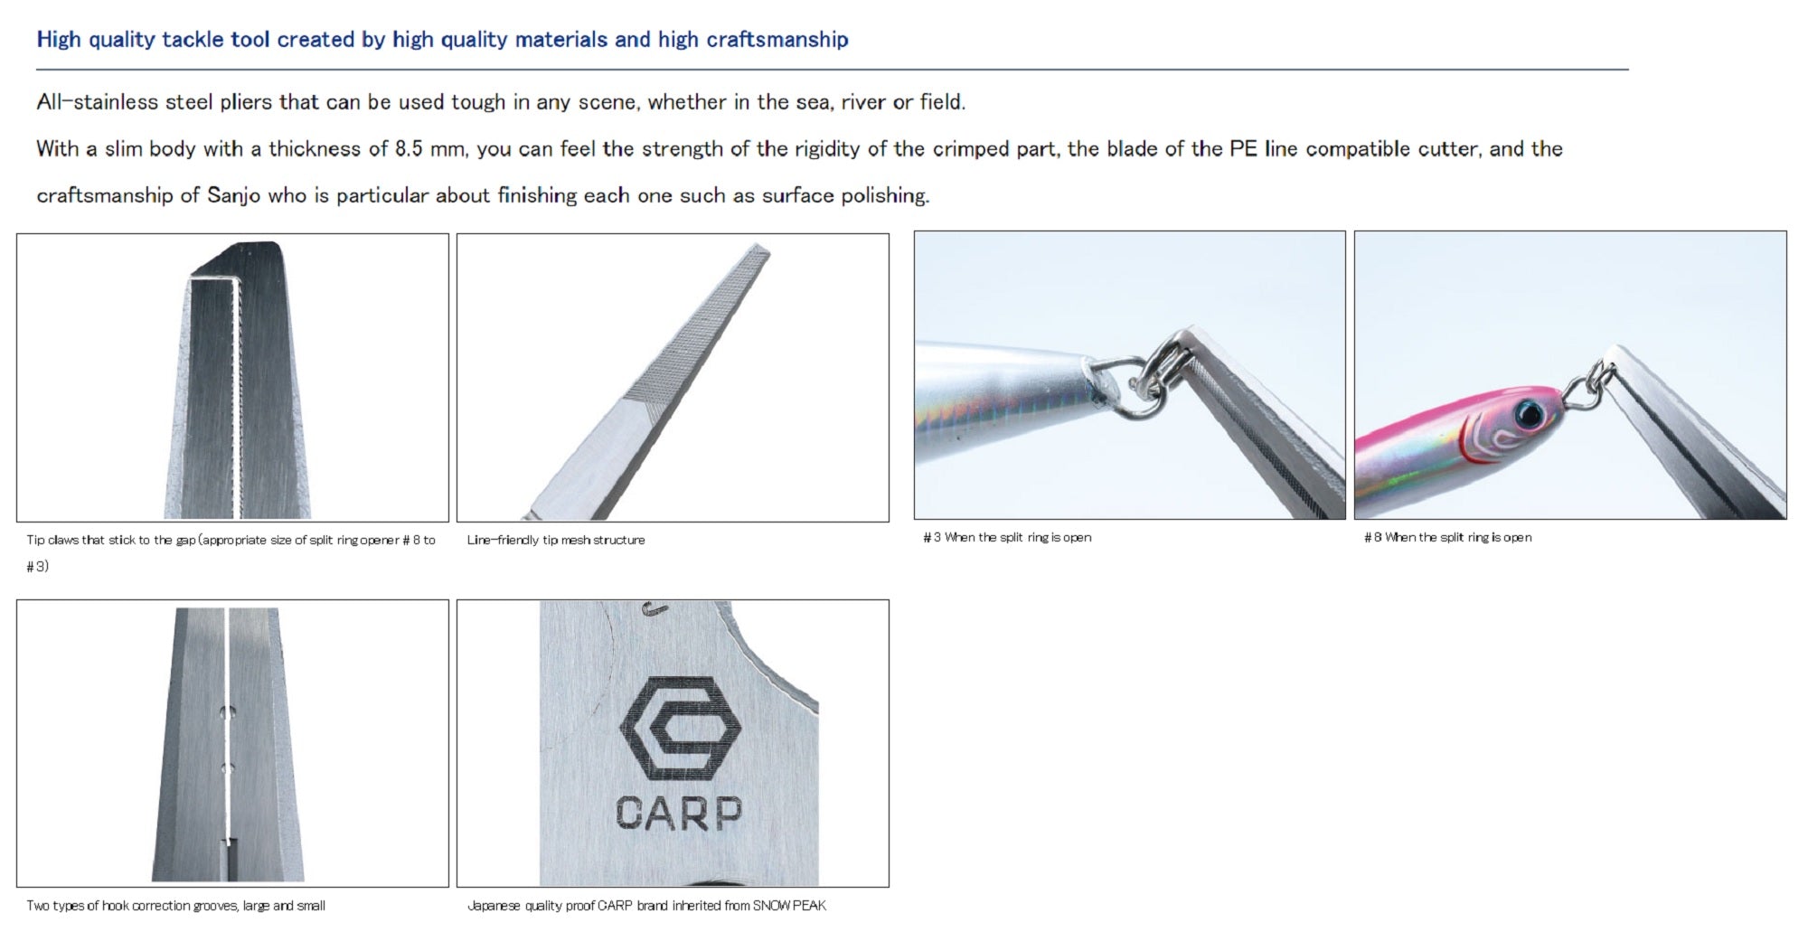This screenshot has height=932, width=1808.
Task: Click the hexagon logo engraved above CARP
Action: point(681,729)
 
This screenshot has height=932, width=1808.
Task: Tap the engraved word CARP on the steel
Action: point(679,813)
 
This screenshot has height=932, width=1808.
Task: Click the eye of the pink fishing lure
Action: point(1530,413)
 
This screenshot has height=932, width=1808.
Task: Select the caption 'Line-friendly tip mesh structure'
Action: point(556,540)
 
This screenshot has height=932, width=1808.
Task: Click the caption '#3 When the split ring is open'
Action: point(1007,537)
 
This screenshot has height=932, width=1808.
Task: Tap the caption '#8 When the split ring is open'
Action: point(1448,537)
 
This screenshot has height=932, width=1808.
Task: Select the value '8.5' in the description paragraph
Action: point(409,148)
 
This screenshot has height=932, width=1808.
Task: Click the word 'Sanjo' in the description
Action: point(233,195)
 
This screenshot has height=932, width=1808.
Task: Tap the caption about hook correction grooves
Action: point(176,905)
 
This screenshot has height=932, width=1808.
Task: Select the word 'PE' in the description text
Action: point(1244,148)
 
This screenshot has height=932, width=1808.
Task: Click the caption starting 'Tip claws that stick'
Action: point(231,552)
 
